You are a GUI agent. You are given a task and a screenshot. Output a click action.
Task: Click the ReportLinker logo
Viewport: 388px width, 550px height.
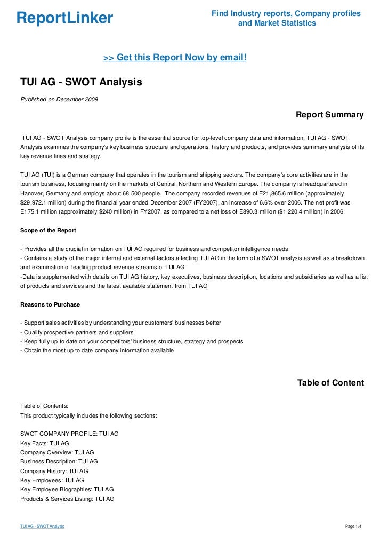click(65, 19)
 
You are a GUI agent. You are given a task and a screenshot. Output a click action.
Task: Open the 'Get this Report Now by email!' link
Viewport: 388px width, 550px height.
click(175, 57)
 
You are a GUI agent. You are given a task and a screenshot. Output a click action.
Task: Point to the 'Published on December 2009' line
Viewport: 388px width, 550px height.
click(59, 99)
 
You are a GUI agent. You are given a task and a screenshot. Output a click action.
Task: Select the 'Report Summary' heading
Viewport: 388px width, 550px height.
click(329, 115)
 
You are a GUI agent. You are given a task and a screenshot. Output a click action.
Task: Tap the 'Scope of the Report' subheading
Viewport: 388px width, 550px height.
click(48, 230)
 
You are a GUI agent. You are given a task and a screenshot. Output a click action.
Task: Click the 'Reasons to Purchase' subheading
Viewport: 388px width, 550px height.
click(50, 304)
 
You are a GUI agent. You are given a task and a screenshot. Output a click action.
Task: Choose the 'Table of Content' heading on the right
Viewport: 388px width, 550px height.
click(330, 383)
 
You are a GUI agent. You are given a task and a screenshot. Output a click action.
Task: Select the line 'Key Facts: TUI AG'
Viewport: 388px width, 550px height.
click(45, 443)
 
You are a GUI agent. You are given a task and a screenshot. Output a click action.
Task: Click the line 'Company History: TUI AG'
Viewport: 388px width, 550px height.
click(54, 471)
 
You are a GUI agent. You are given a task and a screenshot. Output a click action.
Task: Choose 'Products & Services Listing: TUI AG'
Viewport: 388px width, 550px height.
click(67, 499)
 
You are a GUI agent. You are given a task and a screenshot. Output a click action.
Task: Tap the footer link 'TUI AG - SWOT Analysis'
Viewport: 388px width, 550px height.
click(42, 527)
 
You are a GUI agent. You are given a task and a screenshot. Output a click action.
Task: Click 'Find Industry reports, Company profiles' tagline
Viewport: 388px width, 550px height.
click(286, 13)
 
